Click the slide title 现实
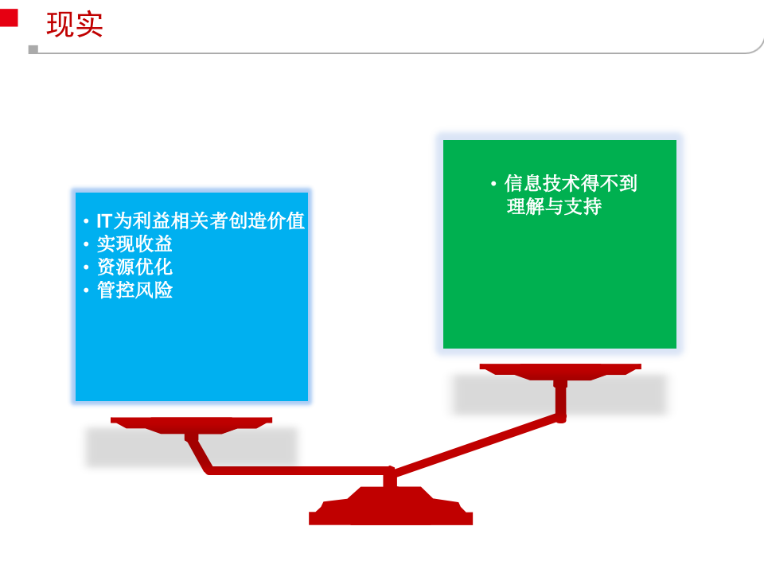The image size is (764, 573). [x=74, y=25]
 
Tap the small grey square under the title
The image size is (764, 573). [x=33, y=49]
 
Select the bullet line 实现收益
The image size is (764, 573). [x=134, y=244]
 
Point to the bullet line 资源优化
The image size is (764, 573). [x=134, y=267]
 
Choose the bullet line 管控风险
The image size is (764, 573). [x=134, y=290]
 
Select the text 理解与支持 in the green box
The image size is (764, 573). [x=554, y=208]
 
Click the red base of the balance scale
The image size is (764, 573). [x=390, y=510]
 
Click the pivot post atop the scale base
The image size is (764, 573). [x=390, y=478]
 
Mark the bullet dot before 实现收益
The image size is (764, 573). [x=86, y=244]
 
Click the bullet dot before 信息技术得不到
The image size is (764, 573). [x=493, y=185]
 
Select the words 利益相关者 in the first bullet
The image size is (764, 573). [x=181, y=220]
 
